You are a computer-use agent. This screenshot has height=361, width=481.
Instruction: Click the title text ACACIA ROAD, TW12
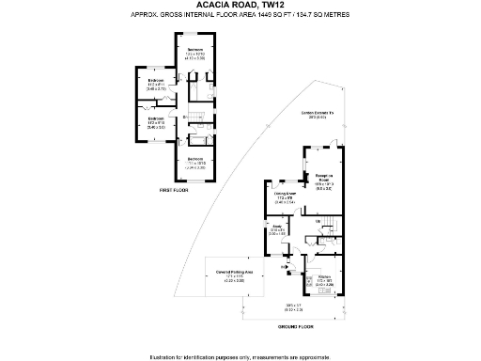click(x=240, y=8)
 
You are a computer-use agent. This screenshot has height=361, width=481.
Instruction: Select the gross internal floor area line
click(x=240, y=18)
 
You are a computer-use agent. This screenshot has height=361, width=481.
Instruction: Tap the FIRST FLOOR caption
click(x=173, y=191)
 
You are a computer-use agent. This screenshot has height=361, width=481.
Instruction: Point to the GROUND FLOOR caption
click(x=294, y=325)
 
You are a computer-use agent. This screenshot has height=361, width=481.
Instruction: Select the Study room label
click(x=277, y=228)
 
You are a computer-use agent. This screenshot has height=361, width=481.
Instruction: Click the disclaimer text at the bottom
click(x=240, y=355)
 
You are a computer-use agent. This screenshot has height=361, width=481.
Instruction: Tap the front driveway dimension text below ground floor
click(x=294, y=306)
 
